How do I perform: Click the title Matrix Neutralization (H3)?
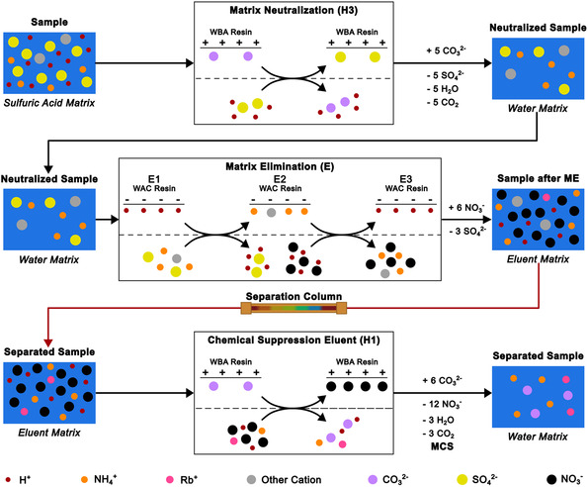coord(294,10)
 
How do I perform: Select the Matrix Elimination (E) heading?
coord(280,166)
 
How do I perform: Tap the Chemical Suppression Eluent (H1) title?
coord(294,341)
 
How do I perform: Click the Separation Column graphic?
coord(294,308)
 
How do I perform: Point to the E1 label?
coord(154,179)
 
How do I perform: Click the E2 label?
coord(280,179)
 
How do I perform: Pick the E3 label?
coord(406,179)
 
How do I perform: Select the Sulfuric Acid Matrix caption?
coord(49,103)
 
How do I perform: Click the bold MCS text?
coord(442,446)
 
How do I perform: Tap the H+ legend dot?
coord(9,479)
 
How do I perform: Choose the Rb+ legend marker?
coord(170,479)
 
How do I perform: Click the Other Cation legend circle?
coord(251,479)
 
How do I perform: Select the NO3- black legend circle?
coord(551,479)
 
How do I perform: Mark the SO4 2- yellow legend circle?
coord(462,479)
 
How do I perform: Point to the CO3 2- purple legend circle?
coord(373,479)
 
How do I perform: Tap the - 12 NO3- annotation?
coord(442,404)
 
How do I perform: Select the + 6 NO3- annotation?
coord(466,208)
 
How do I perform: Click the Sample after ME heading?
coord(539,179)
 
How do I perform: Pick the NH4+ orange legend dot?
coord(84,479)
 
